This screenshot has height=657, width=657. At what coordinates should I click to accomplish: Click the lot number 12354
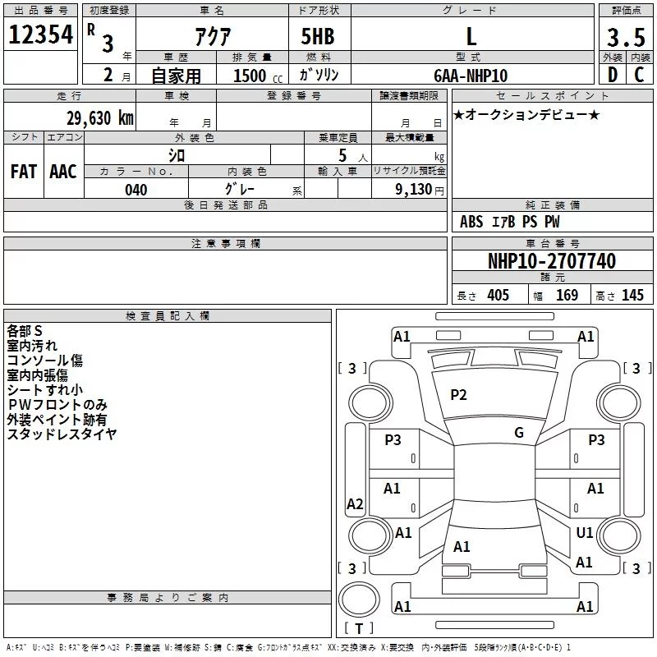[40, 34]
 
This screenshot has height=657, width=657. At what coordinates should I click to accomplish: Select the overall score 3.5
[626, 37]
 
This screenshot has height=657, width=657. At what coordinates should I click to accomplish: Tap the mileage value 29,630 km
[100, 118]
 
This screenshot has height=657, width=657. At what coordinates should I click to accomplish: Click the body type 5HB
[318, 36]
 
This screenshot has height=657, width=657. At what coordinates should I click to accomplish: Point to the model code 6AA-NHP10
[471, 76]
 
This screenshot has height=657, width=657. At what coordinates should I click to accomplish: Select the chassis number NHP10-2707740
[552, 261]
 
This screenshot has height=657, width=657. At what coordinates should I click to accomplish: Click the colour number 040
[136, 190]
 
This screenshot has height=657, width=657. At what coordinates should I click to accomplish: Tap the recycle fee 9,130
[414, 190]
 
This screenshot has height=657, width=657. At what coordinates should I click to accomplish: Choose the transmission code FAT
[24, 172]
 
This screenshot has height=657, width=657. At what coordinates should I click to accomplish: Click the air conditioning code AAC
[63, 172]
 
